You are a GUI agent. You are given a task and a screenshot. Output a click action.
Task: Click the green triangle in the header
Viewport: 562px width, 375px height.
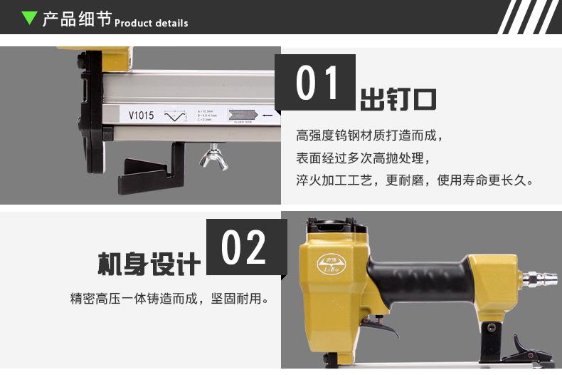pos(28,18)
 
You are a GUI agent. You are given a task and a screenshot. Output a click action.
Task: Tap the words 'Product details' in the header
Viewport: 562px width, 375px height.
pos(152,23)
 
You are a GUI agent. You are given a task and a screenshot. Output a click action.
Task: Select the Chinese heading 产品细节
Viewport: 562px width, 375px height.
pos(77,19)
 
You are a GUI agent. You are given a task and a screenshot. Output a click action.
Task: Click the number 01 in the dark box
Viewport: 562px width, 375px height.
pos(316,83)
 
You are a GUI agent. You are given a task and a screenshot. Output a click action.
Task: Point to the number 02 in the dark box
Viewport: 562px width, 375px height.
pos(245,247)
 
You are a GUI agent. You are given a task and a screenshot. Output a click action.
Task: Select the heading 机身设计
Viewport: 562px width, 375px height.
pos(149,264)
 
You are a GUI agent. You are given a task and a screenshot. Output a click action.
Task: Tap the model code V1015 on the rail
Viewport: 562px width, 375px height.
pos(141,115)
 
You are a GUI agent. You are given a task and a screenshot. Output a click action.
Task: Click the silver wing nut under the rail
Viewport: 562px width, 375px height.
pos(213,155)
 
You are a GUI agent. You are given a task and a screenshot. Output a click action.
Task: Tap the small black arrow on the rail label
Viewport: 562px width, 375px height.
pos(267,114)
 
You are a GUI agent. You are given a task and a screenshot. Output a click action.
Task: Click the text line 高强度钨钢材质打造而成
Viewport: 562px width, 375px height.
pos(373,135)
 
